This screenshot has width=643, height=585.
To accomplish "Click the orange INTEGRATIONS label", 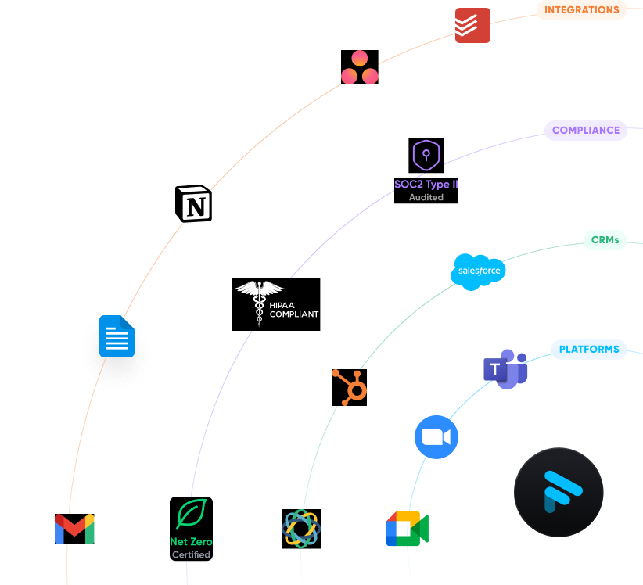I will click(x=581, y=10).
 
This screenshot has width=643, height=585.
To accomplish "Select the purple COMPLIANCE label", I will click(x=585, y=131).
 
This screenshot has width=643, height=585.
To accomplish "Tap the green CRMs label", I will click(x=605, y=240).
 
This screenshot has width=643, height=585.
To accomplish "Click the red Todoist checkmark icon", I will click(x=472, y=26).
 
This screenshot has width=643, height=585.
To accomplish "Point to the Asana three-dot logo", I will click(x=359, y=68).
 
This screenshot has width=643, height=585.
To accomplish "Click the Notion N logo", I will click(x=193, y=204).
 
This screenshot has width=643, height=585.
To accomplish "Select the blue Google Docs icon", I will click(x=117, y=336).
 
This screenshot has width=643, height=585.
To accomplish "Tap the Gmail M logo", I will click(x=74, y=529).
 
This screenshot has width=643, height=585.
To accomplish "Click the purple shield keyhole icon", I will click(x=426, y=155).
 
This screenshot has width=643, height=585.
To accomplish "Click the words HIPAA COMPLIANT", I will click(x=294, y=310).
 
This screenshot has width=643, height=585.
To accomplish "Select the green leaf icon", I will click(x=191, y=514).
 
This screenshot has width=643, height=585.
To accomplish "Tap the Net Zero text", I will click(x=191, y=541).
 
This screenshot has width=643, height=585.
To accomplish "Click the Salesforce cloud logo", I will click(x=478, y=271).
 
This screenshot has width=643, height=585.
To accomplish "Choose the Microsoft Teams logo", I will click(x=505, y=369).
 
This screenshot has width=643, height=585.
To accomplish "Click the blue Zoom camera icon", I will click(x=436, y=437).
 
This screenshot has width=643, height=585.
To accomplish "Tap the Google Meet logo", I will click(x=408, y=529).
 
